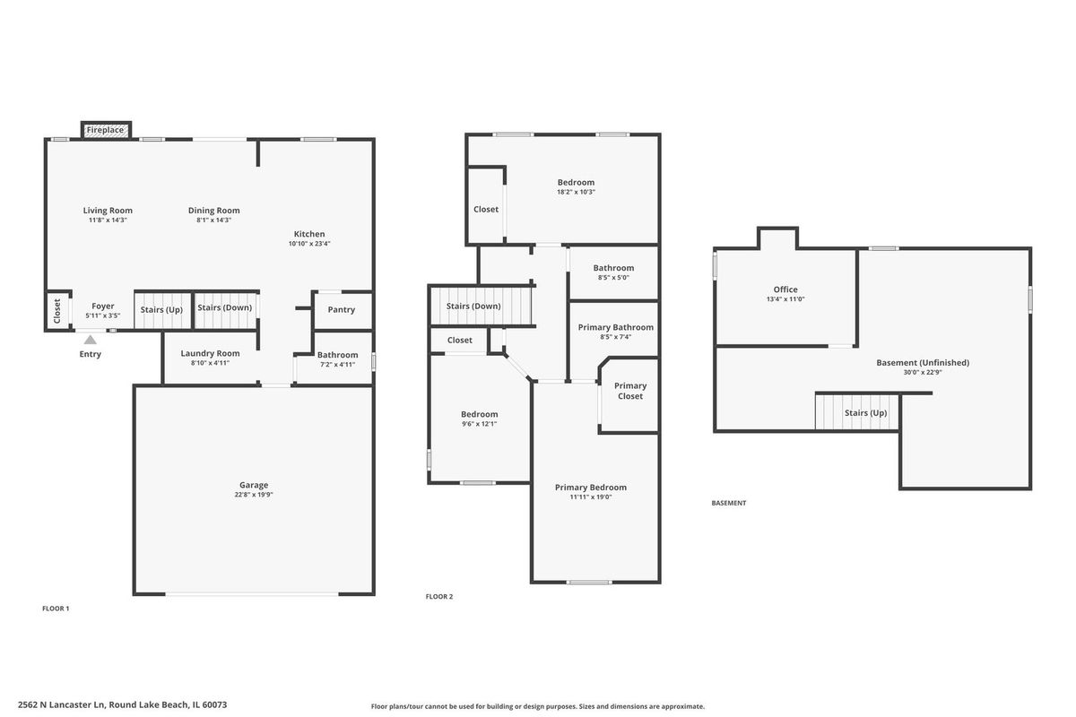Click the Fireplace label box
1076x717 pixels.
tap(105, 130)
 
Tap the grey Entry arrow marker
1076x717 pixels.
tap(91, 340)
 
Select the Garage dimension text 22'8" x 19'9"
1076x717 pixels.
tap(254, 495)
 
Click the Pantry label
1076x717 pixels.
tap(342, 310)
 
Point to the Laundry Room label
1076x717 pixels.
tap(210, 353)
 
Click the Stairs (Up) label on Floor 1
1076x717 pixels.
tap(161, 310)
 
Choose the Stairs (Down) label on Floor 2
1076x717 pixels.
tap(473, 307)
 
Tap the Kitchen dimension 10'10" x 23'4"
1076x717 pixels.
tap(309, 244)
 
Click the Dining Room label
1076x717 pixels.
tap(213, 211)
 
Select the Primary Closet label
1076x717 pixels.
tap(630, 391)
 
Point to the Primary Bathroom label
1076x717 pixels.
tap(616, 327)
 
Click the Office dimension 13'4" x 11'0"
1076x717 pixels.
tap(785, 299)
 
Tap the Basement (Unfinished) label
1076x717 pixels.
tap(923, 363)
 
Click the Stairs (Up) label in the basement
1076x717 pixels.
tap(865, 413)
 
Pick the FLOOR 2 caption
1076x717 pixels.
tap(439, 597)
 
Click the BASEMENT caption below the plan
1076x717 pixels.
tap(729, 503)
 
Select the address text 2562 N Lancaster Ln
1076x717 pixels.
tap(61, 704)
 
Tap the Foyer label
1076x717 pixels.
tap(103, 307)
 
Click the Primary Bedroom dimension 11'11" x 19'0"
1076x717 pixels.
tap(591, 497)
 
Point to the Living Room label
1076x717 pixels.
tap(108, 211)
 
